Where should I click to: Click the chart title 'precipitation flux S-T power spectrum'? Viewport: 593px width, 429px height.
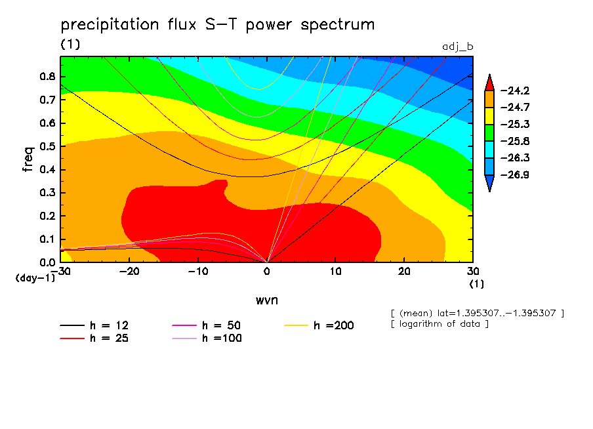coord(217,26)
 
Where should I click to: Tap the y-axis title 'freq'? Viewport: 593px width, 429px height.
coord(28,159)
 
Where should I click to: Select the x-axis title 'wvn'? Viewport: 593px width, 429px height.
coord(266,300)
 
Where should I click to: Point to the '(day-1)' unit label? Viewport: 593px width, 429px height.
coord(34,278)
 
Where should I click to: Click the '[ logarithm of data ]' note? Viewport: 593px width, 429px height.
coord(439,324)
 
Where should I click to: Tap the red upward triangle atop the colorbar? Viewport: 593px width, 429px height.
coord(489,82)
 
